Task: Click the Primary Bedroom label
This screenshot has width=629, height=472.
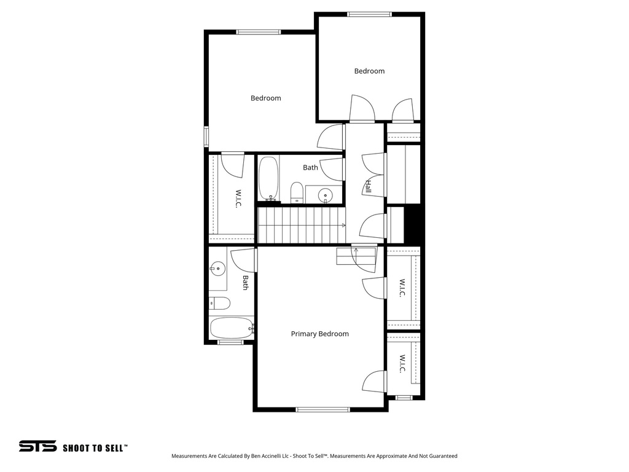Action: tap(319, 334)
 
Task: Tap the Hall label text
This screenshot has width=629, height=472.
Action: tap(369, 186)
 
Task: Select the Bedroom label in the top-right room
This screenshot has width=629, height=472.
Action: tap(369, 71)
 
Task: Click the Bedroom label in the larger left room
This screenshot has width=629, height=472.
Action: tap(265, 98)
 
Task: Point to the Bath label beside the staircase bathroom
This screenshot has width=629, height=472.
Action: tap(310, 167)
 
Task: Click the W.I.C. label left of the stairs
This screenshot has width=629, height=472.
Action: tap(237, 199)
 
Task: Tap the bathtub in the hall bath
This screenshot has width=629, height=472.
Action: tap(268, 178)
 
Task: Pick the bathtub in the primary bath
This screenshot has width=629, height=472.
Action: tap(231, 328)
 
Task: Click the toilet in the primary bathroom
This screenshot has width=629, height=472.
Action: tap(219, 303)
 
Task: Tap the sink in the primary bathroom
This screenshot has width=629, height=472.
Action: tap(217, 268)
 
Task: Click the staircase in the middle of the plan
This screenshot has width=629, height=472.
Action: tap(301, 225)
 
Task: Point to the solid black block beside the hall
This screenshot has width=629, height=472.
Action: tap(414, 225)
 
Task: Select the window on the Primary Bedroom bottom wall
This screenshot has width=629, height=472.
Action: tap(322, 409)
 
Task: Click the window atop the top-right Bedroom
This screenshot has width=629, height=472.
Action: tap(369, 14)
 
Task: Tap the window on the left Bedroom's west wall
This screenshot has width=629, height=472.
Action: tap(206, 136)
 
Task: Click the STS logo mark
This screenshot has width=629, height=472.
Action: tap(37, 446)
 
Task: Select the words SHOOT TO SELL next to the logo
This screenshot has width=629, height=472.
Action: tap(95, 448)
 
